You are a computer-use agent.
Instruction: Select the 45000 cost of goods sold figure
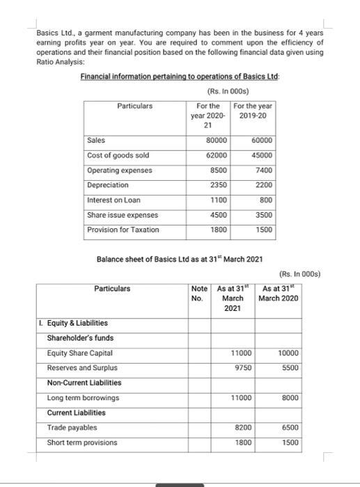coord(262,154)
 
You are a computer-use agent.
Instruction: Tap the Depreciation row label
coord(108,184)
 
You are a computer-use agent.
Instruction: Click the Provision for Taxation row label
coord(123,229)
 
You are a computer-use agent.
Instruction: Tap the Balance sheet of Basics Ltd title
coord(179,260)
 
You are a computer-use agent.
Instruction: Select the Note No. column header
coord(200,293)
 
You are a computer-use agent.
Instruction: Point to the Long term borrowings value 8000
coord(290,397)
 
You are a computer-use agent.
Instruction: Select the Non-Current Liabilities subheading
coord(84,383)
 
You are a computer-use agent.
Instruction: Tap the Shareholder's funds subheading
coord(80,338)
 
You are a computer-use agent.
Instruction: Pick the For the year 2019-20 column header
coord(253,111)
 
